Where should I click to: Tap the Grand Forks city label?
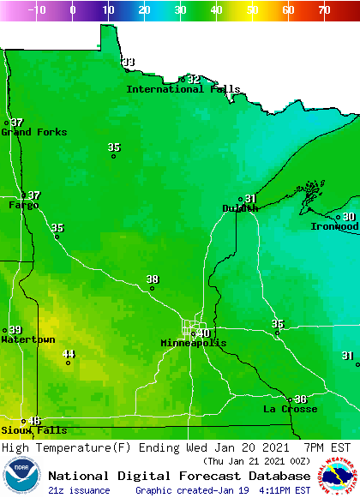[28, 132]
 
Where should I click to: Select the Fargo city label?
[24, 206]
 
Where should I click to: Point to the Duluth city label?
[240, 208]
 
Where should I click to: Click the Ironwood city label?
[334, 226]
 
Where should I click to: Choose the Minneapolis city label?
[194, 343]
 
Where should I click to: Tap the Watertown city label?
[27, 340]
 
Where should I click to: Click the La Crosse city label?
[290, 410]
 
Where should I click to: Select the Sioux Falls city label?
[33, 430]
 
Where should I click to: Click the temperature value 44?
[69, 354]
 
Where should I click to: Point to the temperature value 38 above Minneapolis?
[153, 279]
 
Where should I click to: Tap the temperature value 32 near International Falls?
[194, 79]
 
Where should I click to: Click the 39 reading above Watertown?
[15, 330]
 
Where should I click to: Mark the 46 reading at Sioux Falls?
[34, 421]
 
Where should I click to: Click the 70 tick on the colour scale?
[323, 10]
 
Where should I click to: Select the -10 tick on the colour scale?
[37, 10]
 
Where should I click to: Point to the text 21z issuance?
[79, 490]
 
